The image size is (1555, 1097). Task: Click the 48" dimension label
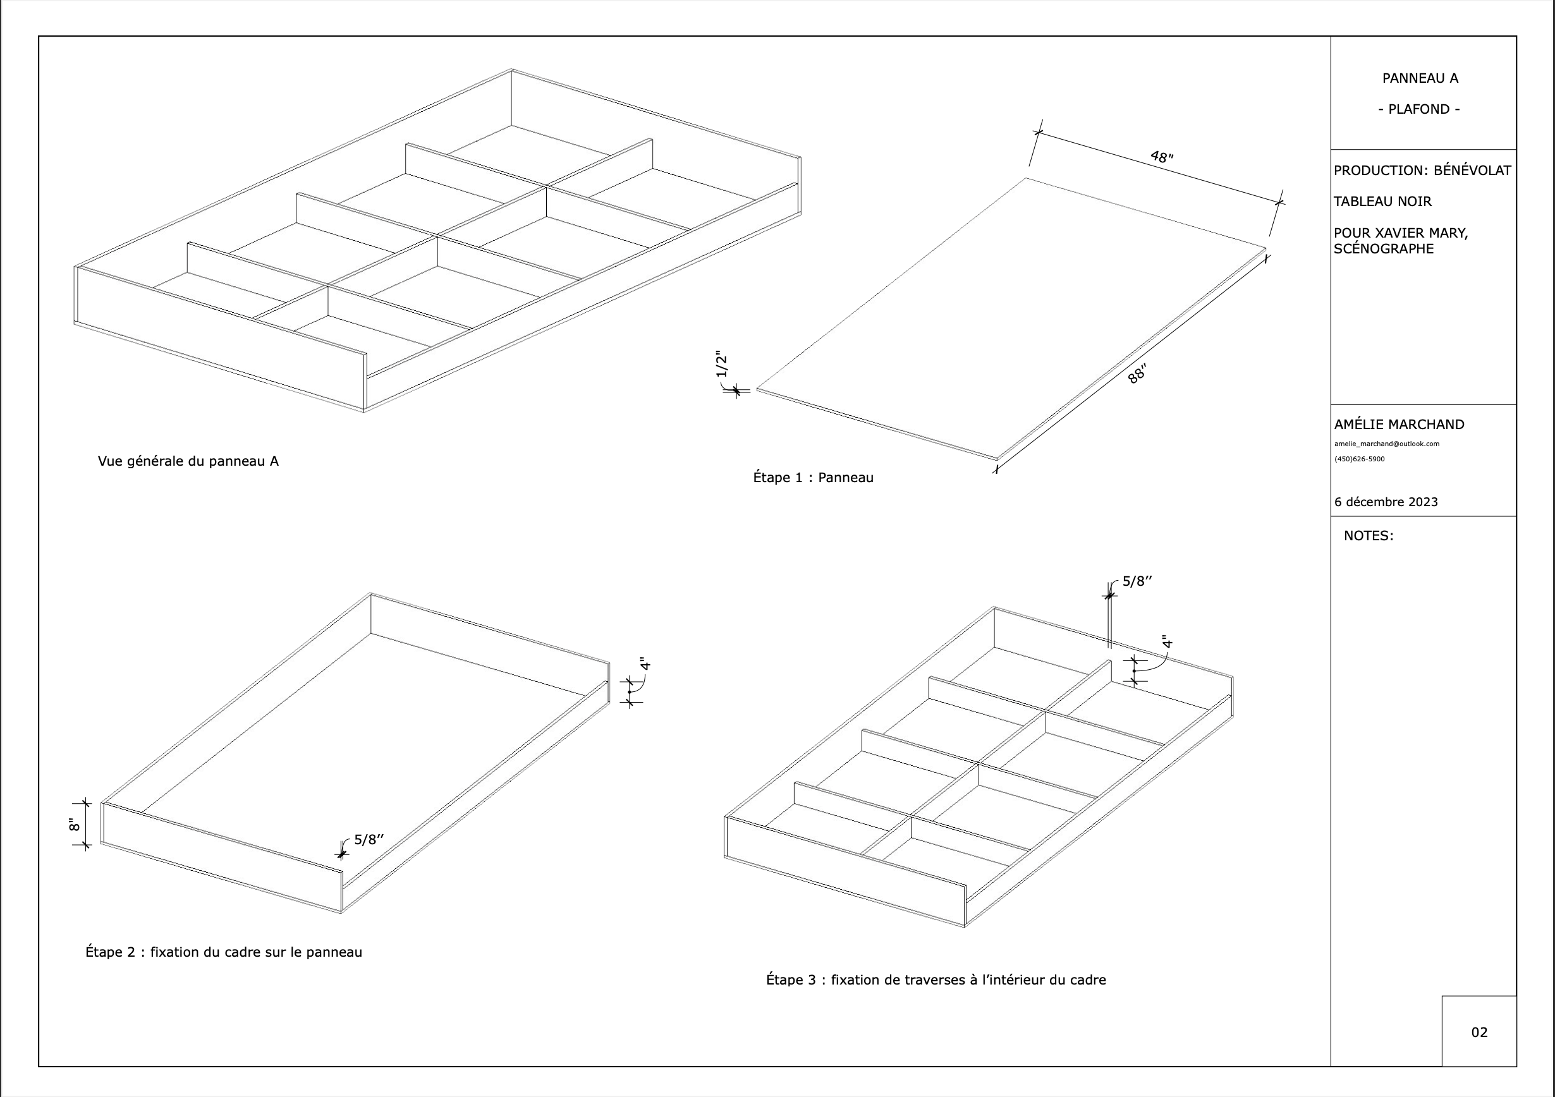1162,157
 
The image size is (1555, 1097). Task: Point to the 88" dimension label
1137,374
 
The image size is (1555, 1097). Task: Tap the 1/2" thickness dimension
722,365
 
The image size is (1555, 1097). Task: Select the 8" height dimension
75,824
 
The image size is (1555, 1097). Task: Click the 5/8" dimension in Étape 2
369,840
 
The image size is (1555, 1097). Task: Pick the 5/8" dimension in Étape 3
1137,581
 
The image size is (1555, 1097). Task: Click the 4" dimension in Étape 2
645,664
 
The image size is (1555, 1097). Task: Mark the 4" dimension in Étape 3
1167,642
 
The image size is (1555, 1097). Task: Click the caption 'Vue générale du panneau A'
188,461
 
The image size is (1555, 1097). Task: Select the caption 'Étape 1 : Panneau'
813,477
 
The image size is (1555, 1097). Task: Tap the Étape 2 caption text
224,952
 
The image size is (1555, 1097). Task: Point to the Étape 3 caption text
936,980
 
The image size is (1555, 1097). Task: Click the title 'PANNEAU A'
1420,78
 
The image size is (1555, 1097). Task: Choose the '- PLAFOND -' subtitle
1419,109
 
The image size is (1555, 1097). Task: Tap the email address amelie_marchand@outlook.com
1386,444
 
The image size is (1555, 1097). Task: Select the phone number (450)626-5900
1359,459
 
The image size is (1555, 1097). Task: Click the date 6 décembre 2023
1386,502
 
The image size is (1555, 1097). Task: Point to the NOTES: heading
1368,536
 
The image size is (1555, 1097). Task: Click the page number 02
1479,1032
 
